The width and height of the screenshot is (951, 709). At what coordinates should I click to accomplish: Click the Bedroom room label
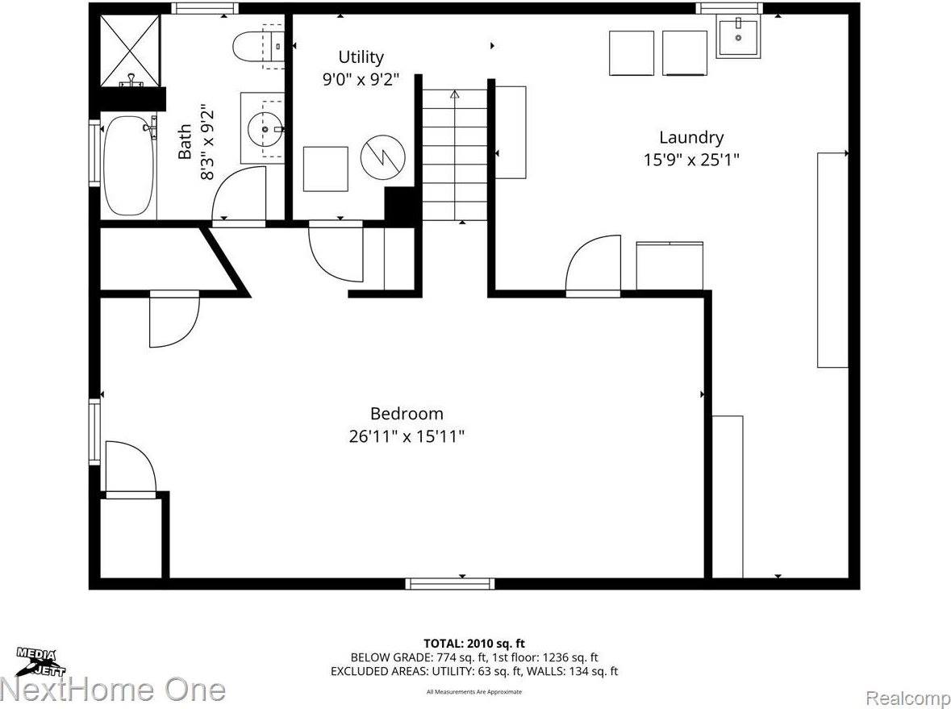coord(407,414)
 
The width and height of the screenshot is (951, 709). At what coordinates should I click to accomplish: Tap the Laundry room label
coord(691,138)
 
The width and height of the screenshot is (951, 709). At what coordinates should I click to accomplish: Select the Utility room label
coord(361,57)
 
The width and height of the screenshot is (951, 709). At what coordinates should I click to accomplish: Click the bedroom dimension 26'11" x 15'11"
coord(407,436)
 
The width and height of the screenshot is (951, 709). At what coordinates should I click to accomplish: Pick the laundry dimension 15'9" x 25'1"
coord(691,160)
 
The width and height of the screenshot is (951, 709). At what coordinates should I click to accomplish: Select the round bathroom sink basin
coord(263,127)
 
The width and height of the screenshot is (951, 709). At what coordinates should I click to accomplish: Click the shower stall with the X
coord(129,50)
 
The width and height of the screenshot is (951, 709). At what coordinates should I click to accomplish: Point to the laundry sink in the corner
coord(738,38)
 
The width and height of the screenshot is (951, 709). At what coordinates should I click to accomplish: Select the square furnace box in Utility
coord(325,169)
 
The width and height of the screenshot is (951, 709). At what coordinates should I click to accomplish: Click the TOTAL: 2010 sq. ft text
coord(474,643)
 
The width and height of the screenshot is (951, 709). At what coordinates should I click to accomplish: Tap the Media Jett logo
coord(40,661)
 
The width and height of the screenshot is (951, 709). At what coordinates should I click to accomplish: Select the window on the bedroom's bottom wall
coord(450,583)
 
